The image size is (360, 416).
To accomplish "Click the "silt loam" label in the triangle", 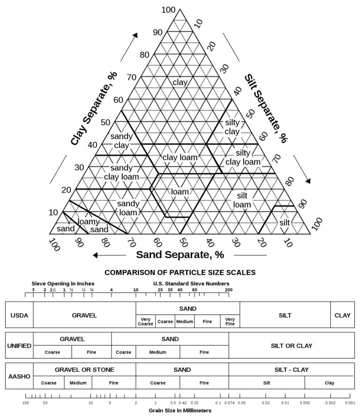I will pos(242,200).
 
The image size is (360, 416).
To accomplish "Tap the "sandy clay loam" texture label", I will pos(121,172).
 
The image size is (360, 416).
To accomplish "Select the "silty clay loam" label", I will pos(243,158).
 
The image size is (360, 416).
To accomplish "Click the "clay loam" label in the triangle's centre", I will pos(180,158).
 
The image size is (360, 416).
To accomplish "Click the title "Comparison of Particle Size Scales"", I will pos(180,272).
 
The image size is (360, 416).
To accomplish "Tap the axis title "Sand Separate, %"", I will pos(180,255).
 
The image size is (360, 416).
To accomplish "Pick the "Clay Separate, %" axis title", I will pos(94,108).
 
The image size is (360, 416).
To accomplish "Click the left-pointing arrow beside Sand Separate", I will pos(109,255).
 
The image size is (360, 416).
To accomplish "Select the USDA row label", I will pos(19,315).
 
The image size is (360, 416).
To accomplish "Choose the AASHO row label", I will pos(19,376).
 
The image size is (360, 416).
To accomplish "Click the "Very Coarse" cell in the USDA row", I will pos(145,322).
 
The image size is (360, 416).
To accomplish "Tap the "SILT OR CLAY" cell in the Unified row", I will pos(291,346).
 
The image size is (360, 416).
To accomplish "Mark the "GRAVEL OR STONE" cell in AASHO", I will pos(84,370).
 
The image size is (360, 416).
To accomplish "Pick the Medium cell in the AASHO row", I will pos(78,383).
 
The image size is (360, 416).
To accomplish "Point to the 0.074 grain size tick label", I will pos(229,403).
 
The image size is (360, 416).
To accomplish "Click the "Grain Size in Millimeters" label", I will pos(180,410).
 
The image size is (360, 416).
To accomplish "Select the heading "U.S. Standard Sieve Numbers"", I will pos(191,284).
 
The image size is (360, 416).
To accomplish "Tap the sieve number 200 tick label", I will pos(229,290).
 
